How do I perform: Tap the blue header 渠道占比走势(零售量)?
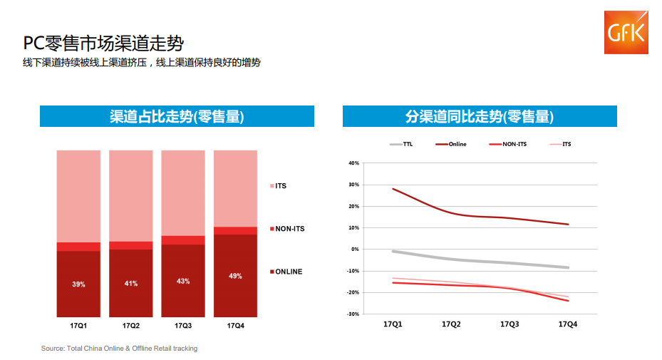point(177,116)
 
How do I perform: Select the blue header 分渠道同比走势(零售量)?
point(479,116)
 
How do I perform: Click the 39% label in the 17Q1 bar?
point(78,284)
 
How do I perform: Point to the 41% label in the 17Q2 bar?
point(131,283)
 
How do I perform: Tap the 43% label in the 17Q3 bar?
point(183,281)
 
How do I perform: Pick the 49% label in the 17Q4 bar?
point(235,276)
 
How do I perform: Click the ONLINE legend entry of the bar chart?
point(286,272)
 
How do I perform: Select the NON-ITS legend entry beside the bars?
point(286,229)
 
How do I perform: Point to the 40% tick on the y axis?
point(353,163)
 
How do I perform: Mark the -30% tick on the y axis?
point(353,314)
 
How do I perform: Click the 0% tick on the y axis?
point(355,250)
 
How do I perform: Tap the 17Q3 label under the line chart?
point(510,324)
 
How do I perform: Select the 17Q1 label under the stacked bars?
point(78,326)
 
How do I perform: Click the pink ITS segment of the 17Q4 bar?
point(235,188)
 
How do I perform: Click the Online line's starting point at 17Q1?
point(393,189)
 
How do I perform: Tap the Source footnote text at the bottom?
point(119,349)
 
